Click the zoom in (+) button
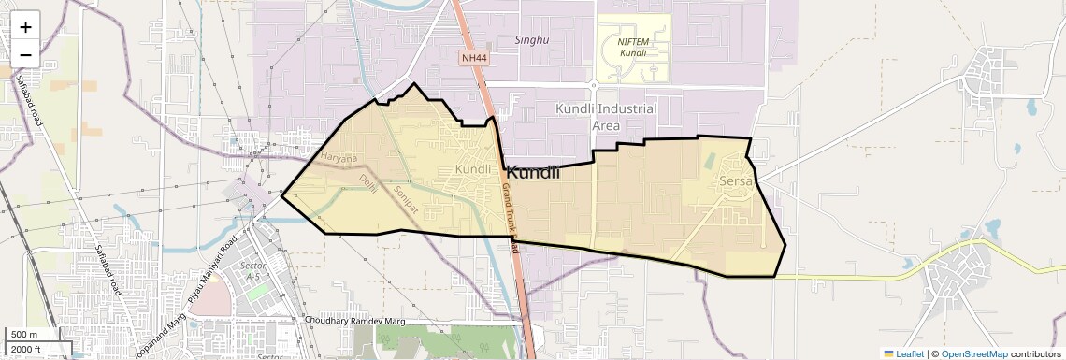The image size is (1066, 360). click(25, 27)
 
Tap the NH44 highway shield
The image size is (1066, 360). click(474, 58)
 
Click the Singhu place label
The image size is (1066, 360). click(531, 40)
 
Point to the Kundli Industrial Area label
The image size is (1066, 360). click(606, 117)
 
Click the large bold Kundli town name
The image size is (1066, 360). click(533, 172)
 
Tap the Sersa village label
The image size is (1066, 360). click(736, 180)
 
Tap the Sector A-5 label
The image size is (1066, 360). click(252, 271)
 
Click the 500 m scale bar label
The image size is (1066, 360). click(24, 335)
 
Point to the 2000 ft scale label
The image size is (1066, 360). click(25, 349)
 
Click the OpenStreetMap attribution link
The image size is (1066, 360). click(973, 353)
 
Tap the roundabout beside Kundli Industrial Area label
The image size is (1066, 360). click(594, 84)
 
